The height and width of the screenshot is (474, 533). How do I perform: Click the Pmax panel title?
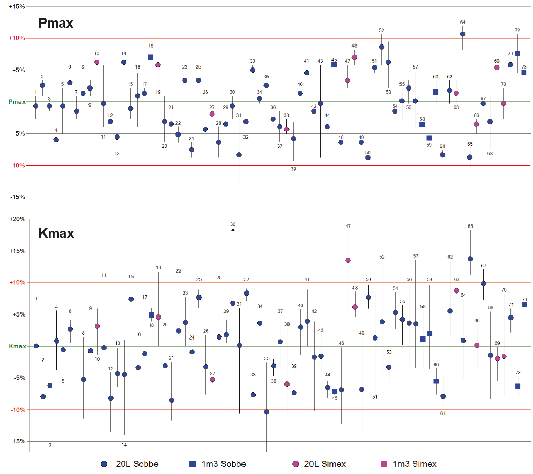(56, 23)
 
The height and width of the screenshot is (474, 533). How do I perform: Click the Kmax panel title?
(56, 234)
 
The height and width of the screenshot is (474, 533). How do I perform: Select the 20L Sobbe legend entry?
(104, 464)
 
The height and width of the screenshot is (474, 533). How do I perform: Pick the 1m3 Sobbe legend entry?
(193, 464)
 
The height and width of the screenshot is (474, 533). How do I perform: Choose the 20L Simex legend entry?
(295, 464)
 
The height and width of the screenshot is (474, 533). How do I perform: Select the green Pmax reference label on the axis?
(17, 102)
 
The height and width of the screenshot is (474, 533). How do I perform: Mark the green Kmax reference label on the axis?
(17, 346)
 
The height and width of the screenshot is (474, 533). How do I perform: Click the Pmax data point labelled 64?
(463, 34)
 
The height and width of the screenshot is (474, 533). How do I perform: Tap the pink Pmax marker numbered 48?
(354, 57)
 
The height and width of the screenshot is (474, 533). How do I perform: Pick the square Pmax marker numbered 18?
(151, 57)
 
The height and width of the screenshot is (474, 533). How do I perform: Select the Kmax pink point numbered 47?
(348, 260)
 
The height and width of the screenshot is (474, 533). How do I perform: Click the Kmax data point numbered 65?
(470, 259)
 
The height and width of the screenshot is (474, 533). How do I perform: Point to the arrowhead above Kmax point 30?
(233, 230)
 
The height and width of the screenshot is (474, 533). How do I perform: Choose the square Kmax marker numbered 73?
(524, 304)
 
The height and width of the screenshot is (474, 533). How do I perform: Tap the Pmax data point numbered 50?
(368, 157)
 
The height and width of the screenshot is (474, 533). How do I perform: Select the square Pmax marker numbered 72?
(517, 53)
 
